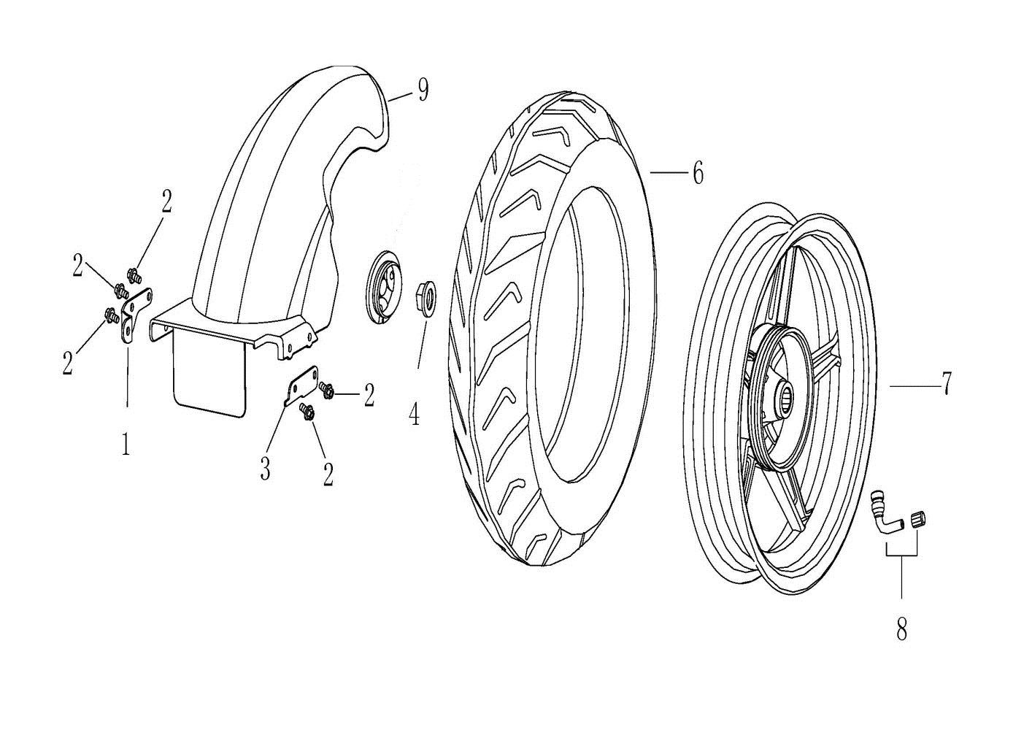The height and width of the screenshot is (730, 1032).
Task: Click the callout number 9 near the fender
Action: point(423,91)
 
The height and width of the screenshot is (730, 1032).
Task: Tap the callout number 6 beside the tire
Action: point(698,173)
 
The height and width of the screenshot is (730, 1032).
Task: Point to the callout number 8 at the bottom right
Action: point(901,629)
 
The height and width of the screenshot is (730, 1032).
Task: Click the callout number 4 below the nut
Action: point(414,414)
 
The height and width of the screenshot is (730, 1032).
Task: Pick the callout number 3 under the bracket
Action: point(265,469)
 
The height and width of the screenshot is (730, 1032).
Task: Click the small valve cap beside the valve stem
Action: point(918,520)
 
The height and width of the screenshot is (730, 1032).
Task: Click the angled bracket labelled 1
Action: point(134,315)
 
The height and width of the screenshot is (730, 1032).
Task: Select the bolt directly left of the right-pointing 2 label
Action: point(327,391)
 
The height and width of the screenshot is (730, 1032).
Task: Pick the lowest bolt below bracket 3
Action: point(307,412)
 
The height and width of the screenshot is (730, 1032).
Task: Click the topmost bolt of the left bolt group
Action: point(134,276)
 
